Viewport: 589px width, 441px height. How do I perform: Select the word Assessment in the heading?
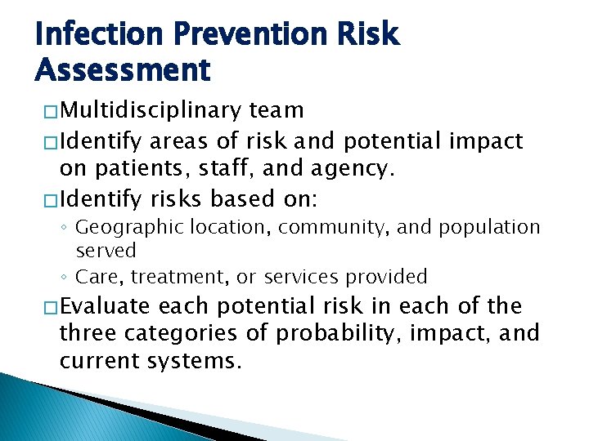pyautogui.click(x=123, y=71)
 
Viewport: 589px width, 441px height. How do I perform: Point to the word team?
pyautogui.click(x=277, y=110)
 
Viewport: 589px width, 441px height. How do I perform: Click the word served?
pyautogui.click(x=106, y=251)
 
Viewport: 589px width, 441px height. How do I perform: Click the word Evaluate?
pyautogui.click(x=105, y=306)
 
